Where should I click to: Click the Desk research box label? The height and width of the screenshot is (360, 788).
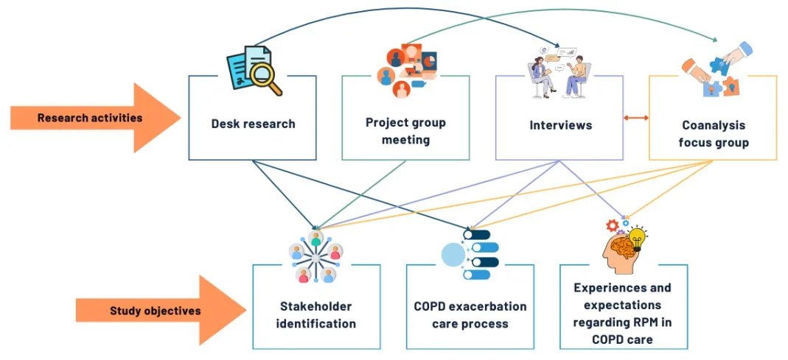coord(253,124)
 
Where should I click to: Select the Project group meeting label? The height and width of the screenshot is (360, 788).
coord(405,131)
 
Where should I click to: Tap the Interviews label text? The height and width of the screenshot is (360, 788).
coord(560,125)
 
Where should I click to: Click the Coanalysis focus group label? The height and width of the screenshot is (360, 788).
coord(713,133)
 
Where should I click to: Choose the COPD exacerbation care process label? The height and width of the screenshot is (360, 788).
coord(470,314)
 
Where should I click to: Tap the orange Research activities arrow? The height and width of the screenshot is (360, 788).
coord(96,118)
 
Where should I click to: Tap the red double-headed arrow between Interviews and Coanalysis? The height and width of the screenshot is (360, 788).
coord(635,118)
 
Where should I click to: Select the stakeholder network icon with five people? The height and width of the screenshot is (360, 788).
coord(315,258)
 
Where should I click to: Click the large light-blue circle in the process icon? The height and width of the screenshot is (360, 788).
coord(453,255)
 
